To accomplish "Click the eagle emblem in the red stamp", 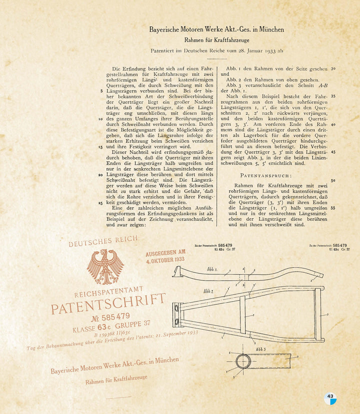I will pos(105,266).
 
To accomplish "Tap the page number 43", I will pos(330,397).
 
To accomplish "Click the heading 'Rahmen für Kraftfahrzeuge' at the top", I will pos(216,40).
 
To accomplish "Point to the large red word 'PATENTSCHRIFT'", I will pos(108,304).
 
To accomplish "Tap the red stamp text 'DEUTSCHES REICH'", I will pos(103,241).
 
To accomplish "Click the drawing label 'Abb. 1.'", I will pos(212,270).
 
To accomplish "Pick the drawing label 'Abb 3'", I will pos(260,350).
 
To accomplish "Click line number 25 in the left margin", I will pos(101,203).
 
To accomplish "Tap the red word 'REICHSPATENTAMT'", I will pos(108,292).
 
